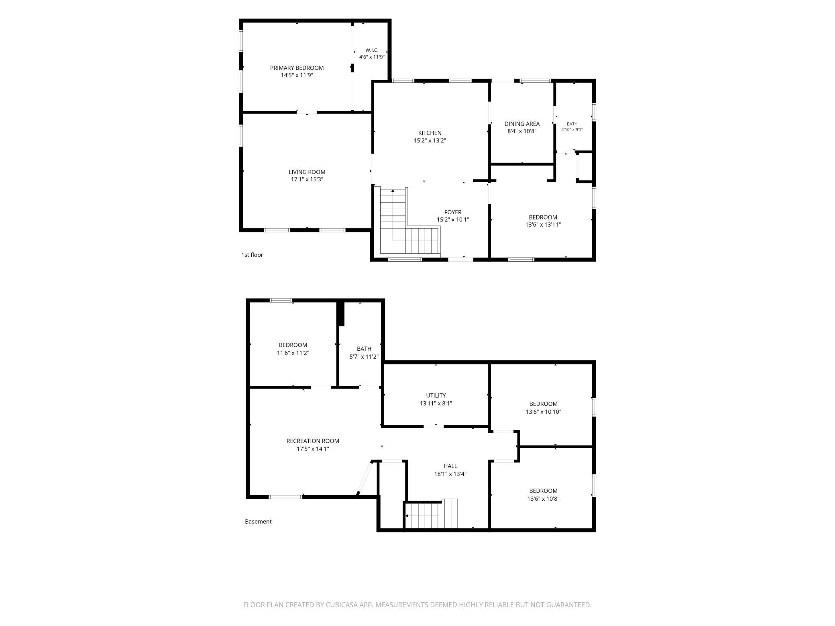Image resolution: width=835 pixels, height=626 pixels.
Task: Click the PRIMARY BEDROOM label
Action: click(297, 68)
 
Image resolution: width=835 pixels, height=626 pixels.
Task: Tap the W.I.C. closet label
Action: click(372, 50)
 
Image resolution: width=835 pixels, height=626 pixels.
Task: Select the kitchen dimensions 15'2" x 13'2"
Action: click(430, 140)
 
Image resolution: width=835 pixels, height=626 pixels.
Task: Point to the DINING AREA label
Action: click(522, 124)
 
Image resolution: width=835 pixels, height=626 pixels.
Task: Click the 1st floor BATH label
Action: click(572, 124)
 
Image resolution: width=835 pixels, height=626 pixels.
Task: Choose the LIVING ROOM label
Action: click(307, 172)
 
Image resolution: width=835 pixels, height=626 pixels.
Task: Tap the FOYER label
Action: click(453, 212)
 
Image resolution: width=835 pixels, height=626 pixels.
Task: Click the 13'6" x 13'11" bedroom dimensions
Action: click(543, 225)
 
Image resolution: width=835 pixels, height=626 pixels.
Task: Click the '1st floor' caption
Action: click(252, 255)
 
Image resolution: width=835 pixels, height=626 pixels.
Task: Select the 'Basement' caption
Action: click(258, 522)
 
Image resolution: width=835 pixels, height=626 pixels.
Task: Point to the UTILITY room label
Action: click(436, 395)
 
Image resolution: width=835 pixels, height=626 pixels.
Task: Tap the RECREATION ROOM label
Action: click(313, 441)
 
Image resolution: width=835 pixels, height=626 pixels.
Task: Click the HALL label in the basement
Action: click(450, 466)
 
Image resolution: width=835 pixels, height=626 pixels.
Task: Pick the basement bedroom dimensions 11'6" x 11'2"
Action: click(293, 353)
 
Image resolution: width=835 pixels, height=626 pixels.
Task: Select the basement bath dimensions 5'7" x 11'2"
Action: click(364, 357)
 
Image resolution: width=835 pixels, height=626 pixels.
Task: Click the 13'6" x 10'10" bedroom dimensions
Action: click(544, 412)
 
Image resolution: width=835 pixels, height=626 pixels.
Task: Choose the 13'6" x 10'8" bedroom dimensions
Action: click(544, 499)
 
